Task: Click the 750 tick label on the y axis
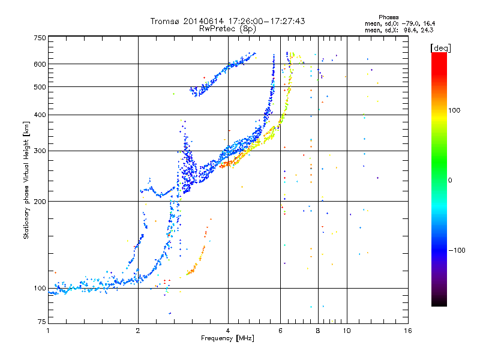click(40, 38)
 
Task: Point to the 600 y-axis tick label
click(40, 64)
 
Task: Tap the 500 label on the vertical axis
click(40, 87)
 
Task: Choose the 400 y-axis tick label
click(40, 115)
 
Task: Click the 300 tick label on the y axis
click(40, 151)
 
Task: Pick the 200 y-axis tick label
click(40, 202)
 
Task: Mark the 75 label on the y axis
click(42, 322)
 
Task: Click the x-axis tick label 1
click(48, 331)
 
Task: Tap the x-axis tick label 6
click(280, 331)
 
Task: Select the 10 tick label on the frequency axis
click(347, 331)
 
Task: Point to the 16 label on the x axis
click(408, 331)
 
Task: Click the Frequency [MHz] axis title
click(228, 338)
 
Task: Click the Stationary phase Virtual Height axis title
click(26, 181)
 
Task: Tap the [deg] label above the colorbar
click(441, 49)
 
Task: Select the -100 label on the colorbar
click(457, 250)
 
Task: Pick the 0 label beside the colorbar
click(450, 181)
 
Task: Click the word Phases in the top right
click(389, 17)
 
